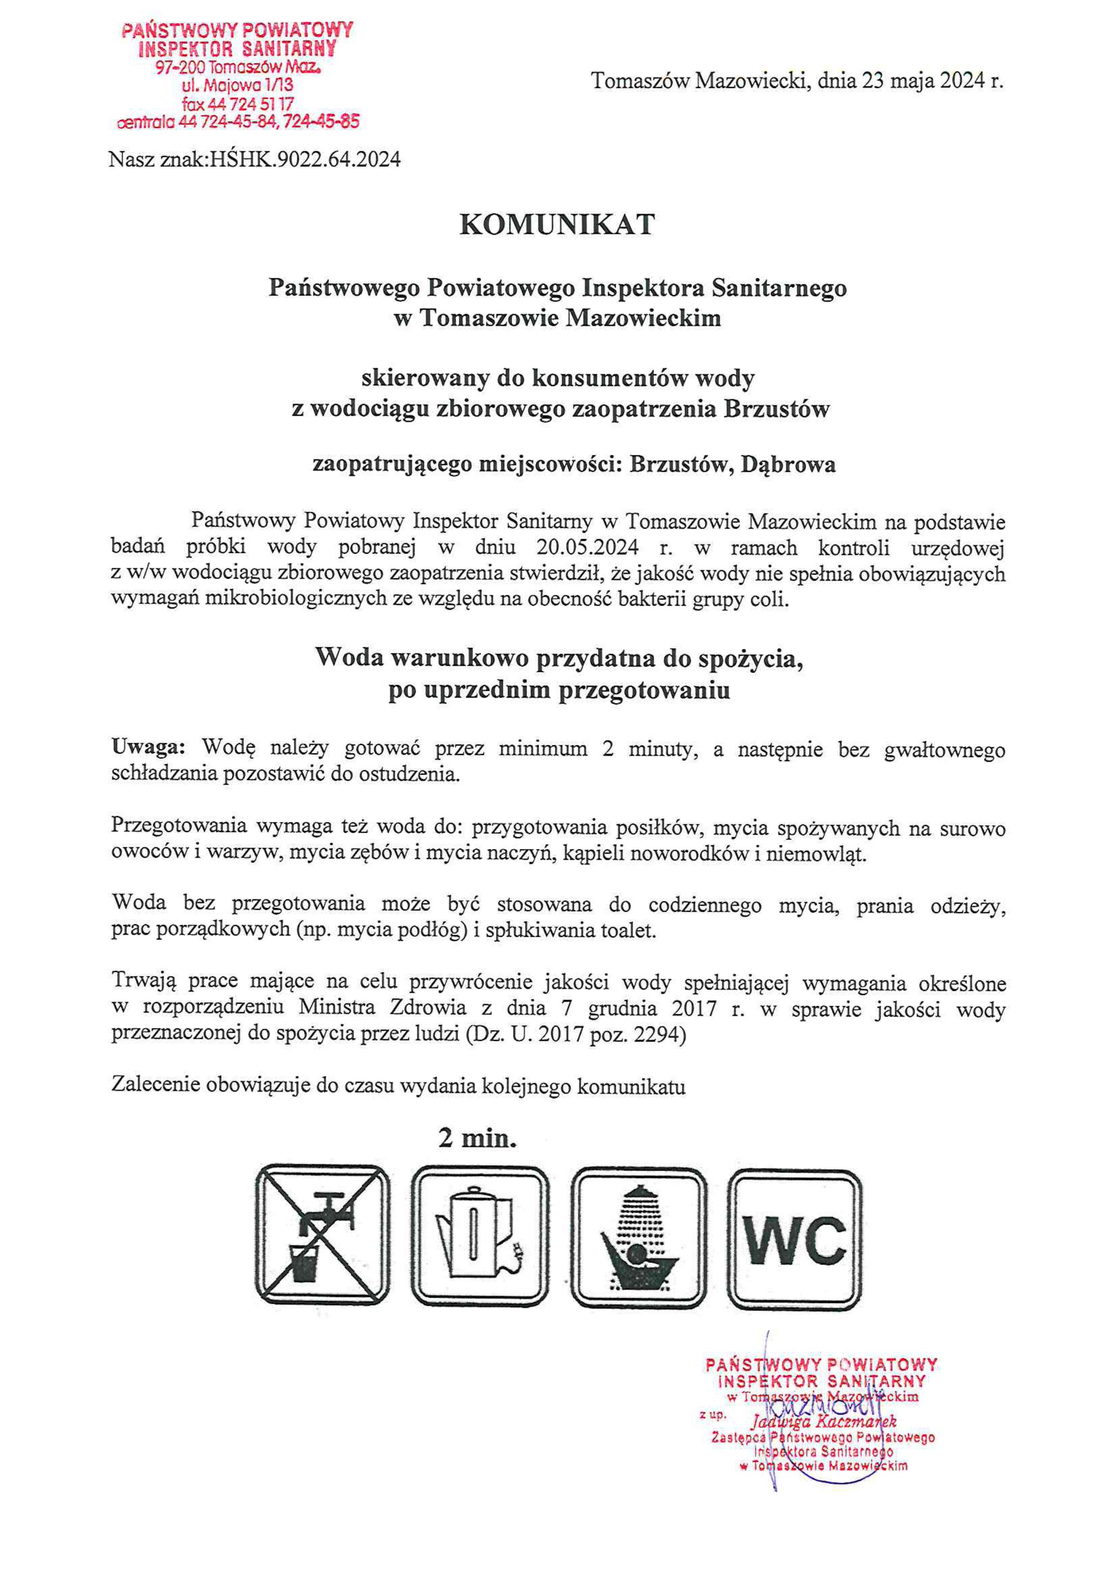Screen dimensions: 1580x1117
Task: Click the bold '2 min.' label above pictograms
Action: [477, 1139]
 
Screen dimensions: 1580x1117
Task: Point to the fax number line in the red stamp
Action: [238, 104]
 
